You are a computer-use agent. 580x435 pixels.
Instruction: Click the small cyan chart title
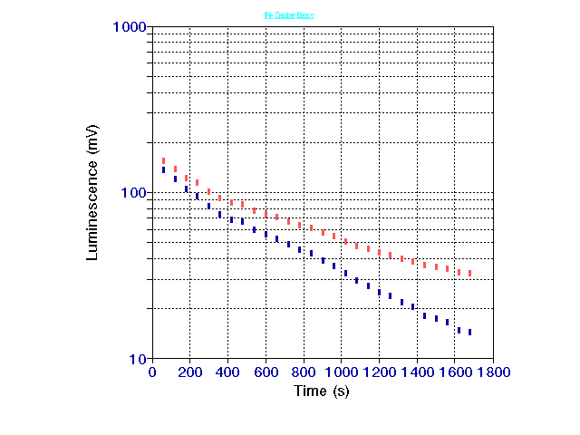pos(289,15)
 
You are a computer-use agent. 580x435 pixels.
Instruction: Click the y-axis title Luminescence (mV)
pos(92,193)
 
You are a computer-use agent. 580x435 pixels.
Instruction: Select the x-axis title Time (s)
pos(322,391)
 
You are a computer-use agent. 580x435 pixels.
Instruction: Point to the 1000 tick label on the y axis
pos(130,27)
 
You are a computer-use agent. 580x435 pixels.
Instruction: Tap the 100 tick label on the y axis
pos(134,193)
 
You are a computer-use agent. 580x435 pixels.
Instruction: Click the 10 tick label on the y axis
pos(138,359)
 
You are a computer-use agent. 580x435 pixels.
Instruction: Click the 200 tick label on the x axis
pos(190,372)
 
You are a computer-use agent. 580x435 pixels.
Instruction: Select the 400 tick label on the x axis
pos(228,372)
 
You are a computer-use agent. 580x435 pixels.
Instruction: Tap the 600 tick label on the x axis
pos(266,372)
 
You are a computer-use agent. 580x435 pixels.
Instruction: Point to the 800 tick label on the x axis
pos(304,372)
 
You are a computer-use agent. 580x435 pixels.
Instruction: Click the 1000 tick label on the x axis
pos(342,372)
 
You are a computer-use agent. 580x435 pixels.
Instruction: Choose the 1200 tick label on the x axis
pos(380,372)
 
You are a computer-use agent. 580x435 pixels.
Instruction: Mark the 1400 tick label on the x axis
pos(417,372)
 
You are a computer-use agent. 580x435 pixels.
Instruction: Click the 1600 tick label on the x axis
pos(455,372)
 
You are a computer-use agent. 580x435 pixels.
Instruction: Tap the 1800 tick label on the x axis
pos(493,372)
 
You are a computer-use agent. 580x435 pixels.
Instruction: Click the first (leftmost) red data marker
pos(164,160)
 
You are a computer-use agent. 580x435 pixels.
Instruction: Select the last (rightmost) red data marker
pos(469,273)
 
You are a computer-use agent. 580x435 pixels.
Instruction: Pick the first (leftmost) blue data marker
pos(164,169)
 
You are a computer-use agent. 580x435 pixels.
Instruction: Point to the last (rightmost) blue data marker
pos(469,333)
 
